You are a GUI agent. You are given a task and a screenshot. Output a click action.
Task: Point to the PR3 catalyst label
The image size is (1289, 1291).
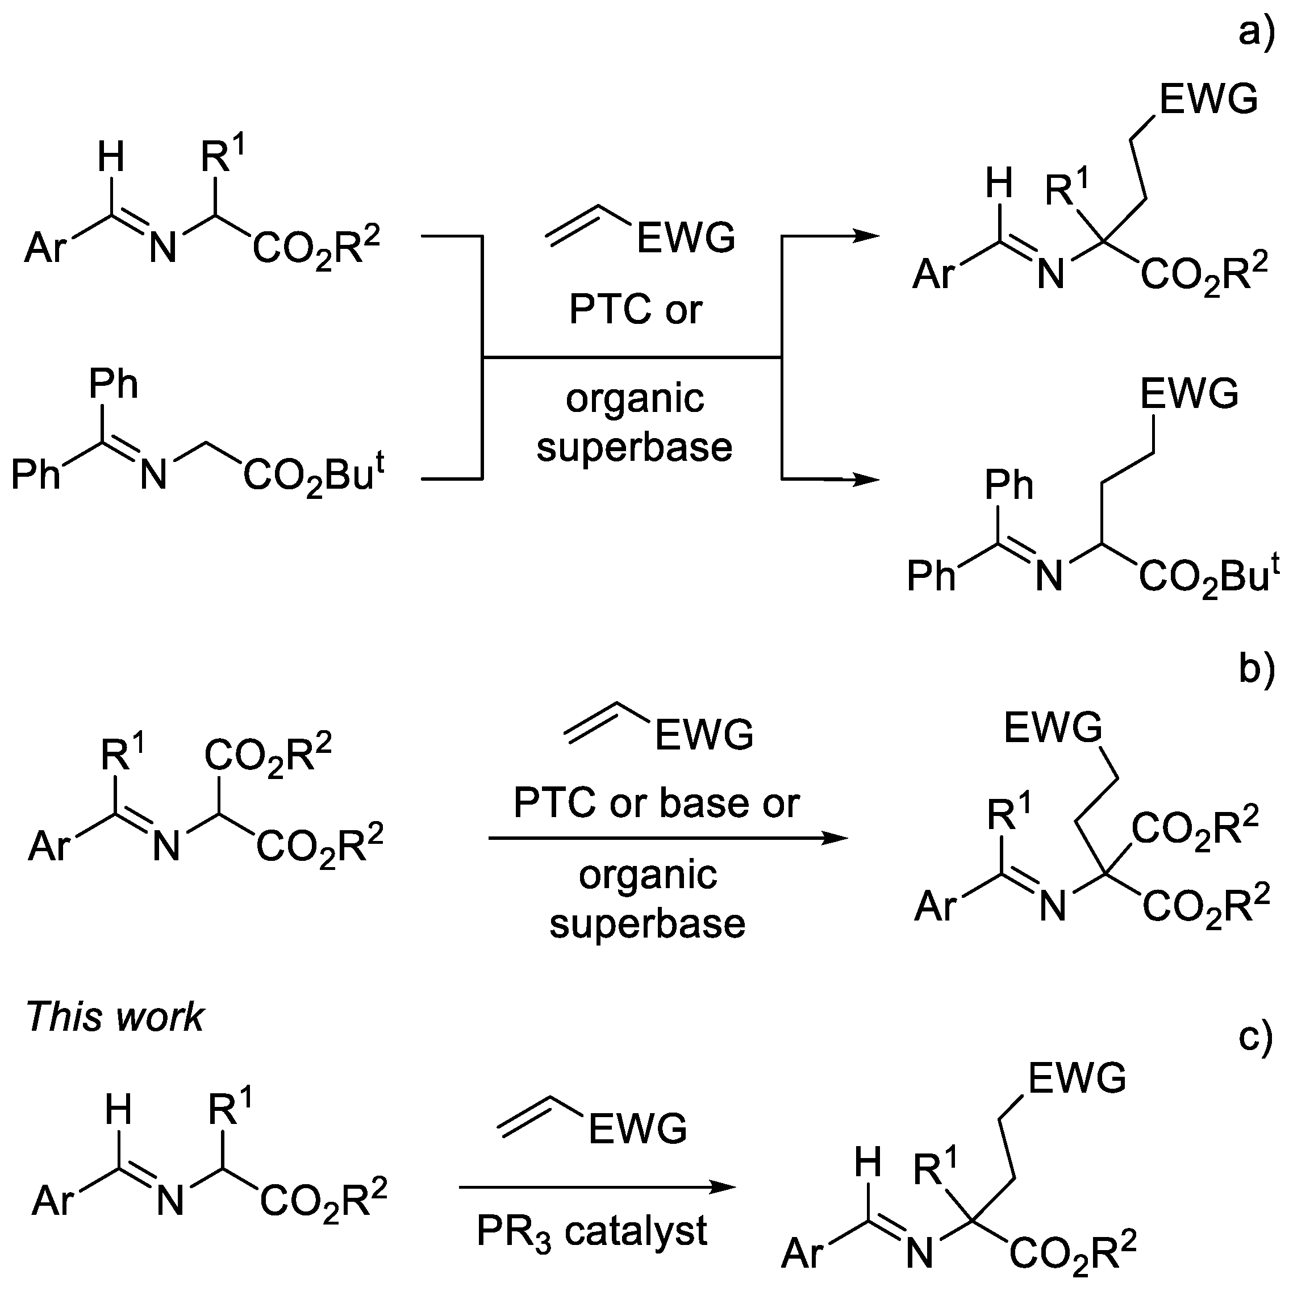(592, 1231)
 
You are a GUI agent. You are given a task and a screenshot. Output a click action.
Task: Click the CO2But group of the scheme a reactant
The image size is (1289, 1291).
(314, 476)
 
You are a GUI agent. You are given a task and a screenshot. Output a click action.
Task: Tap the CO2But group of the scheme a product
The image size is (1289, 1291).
(1208, 577)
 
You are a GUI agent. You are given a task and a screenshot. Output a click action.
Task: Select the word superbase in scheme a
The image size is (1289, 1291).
(634, 447)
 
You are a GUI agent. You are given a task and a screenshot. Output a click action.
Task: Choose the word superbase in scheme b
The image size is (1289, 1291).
(647, 923)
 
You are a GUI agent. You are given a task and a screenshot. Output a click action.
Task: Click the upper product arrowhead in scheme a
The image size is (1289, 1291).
(869, 235)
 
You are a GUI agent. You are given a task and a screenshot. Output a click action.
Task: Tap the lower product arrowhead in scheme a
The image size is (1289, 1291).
(869, 479)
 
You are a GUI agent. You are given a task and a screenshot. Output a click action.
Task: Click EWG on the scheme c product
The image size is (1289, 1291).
(1077, 1078)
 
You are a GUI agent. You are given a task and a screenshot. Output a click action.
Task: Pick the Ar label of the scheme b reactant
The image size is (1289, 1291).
(49, 847)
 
